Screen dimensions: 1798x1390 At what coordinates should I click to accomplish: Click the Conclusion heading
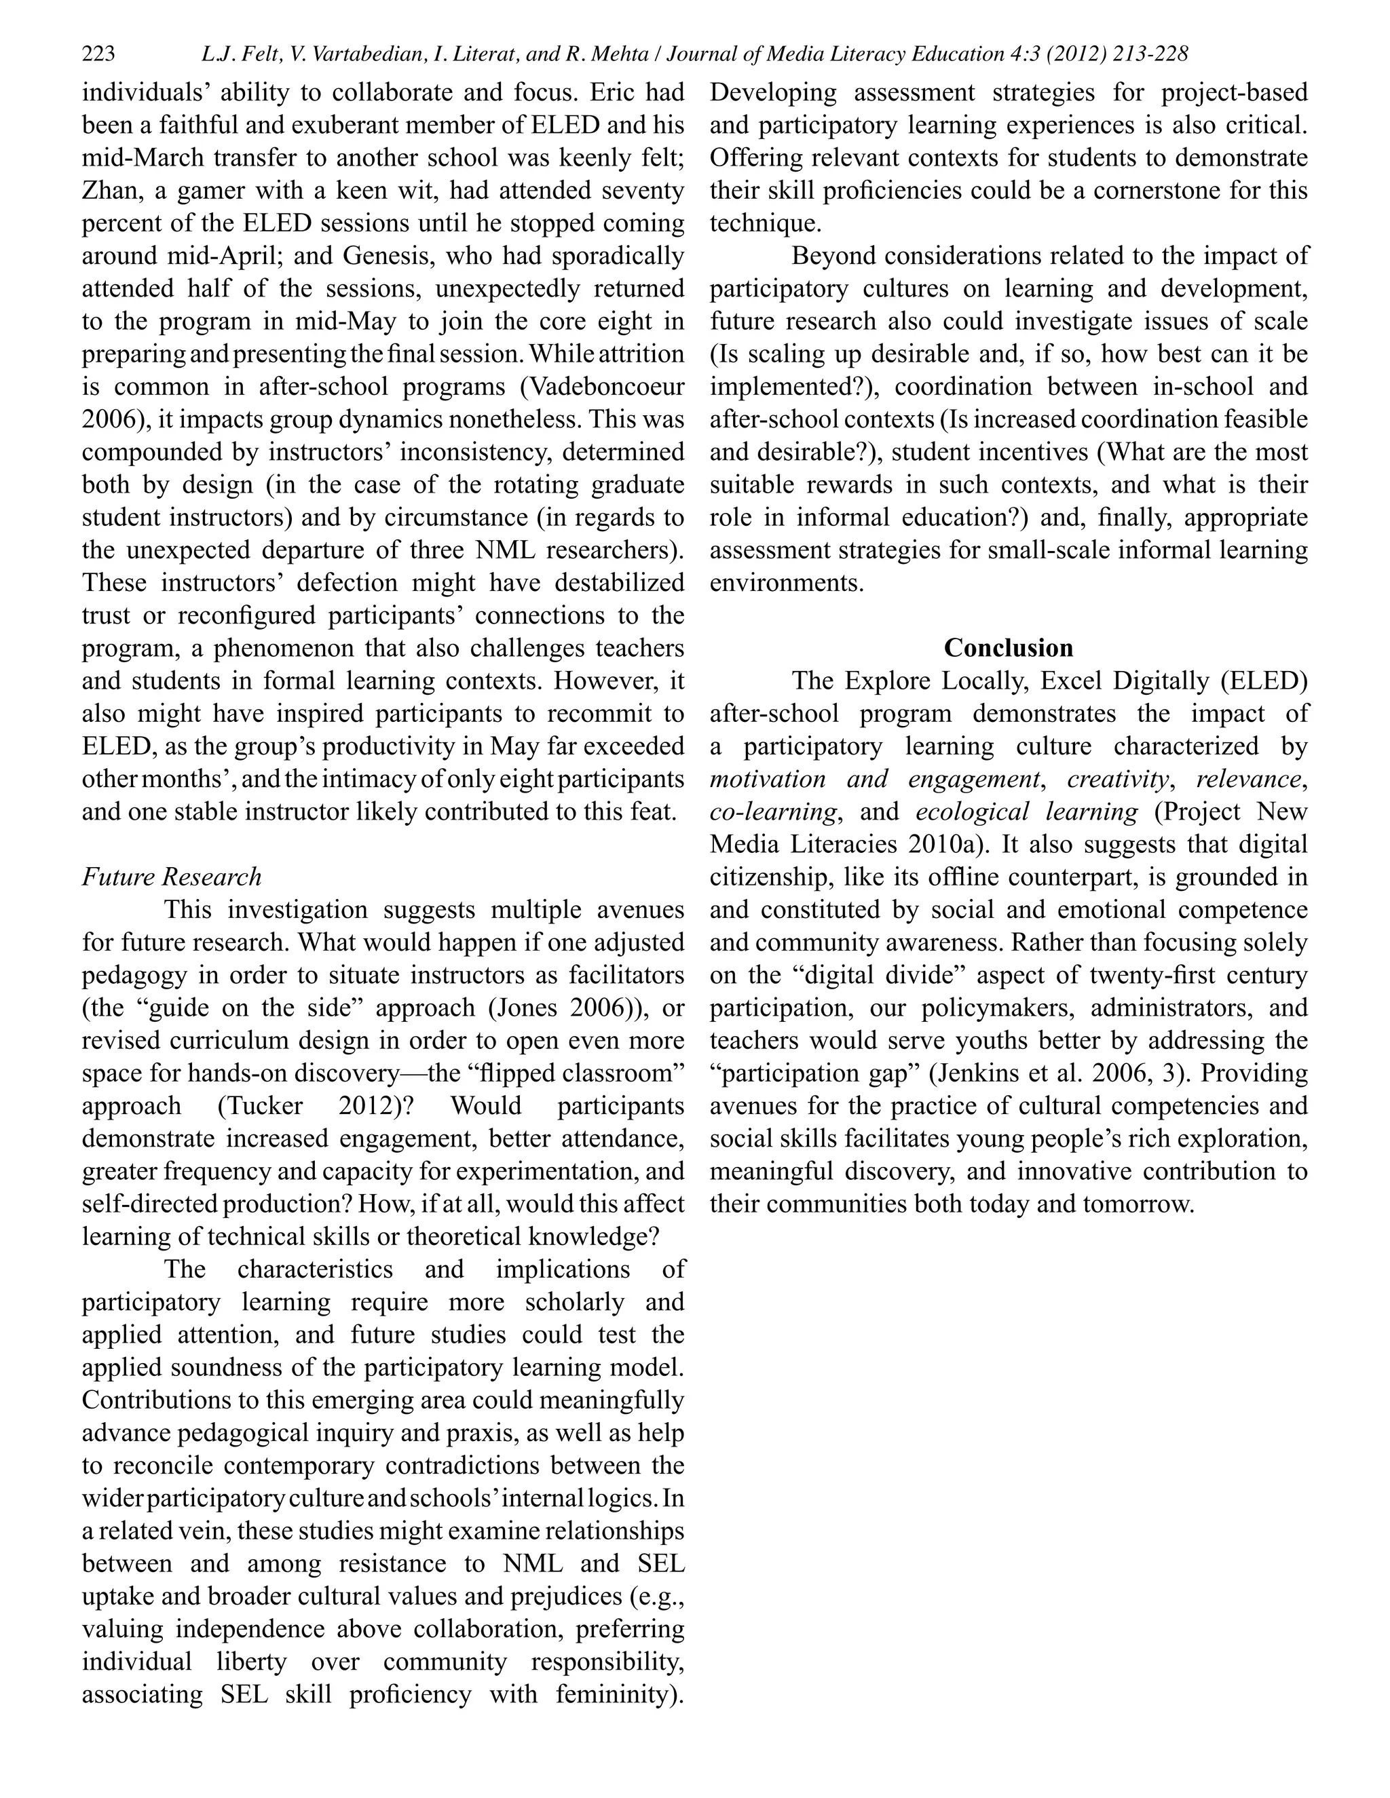coord(1008,648)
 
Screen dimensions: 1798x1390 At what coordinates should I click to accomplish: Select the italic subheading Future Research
coord(171,877)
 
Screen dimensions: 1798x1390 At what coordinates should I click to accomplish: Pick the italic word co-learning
coord(772,811)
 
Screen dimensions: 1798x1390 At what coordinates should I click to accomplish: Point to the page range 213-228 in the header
coord(1150,54)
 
